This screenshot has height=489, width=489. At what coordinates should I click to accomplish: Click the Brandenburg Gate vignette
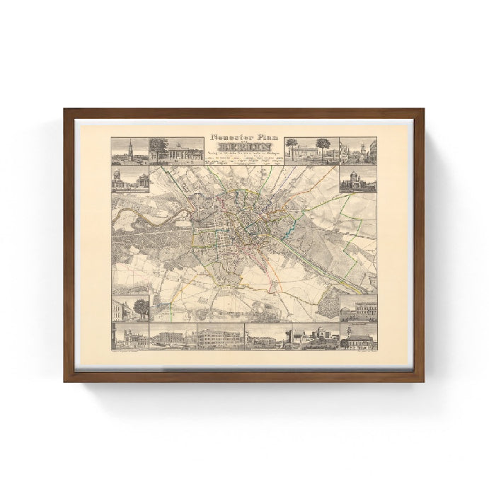176,151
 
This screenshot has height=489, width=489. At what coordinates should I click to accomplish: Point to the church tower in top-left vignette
130,149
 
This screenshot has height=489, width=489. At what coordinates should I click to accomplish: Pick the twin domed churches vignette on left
130,180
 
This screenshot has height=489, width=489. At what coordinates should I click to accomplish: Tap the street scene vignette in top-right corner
358,151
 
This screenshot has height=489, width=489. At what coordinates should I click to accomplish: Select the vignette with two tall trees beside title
311,151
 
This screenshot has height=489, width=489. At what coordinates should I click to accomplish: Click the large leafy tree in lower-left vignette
141,307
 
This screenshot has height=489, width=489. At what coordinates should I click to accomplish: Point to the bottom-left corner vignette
130,337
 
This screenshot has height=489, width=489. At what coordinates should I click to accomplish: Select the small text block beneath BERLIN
244,160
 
